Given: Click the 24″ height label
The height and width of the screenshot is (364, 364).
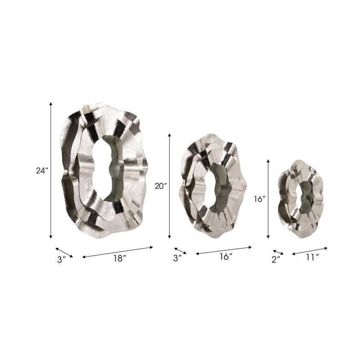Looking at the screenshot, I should (42, 171).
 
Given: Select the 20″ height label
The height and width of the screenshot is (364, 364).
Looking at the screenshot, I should (161, 186).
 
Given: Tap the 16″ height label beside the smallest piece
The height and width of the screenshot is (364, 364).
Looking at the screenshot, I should (260, 199).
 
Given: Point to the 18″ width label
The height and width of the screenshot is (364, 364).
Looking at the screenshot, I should (119, 258).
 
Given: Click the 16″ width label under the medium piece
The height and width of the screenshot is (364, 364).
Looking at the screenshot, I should (226, 257).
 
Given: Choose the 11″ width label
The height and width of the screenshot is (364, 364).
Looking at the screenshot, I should (312, 258).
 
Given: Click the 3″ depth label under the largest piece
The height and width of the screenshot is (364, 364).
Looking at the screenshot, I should (61, 259).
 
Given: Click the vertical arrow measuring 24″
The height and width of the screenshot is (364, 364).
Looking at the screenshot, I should (51, 170).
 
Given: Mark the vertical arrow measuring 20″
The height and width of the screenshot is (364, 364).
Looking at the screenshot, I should (169, 186).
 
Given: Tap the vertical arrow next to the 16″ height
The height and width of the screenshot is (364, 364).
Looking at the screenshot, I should (268, 199).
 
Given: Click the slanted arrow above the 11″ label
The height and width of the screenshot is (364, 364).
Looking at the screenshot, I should (309, 251).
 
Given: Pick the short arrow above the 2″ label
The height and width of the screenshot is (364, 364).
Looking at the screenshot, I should (278, 252).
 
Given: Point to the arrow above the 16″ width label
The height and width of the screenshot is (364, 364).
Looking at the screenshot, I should (223, 251).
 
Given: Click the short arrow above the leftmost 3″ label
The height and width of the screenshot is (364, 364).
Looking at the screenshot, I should (64, 252).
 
